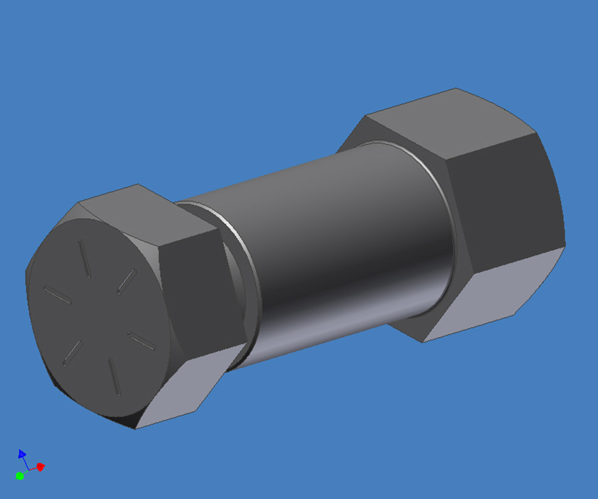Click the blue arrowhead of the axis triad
[x=22, y=453]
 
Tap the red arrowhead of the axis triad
[x=41, y=467]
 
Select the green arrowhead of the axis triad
[x=19, y=476]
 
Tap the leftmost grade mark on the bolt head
[x=57, y=294]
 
